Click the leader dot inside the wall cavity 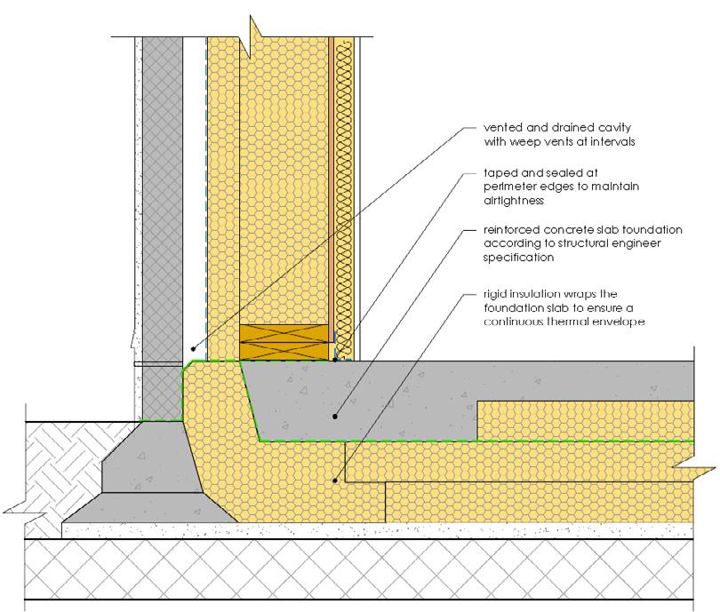pyautogui.click(x=193, y=349)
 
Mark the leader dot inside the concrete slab pyautogui.click(x=335, y=415)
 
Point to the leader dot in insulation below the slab pyautogui.click(x=335, y=481)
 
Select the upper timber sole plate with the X pyautogui.click(x=286, y=335)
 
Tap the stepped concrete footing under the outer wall pyautogui.click(x=142, y=480)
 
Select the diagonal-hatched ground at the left pyautogui.click(x=53, y=471)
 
